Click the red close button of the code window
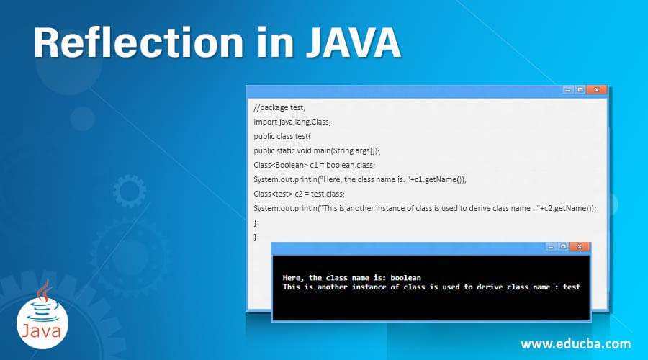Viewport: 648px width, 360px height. pyautogui.click(x=596, y=90)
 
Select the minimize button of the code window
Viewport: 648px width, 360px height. pyautogui.click(x=568, y=90)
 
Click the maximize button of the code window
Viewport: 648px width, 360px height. pyautogui.click(x=580, y=90)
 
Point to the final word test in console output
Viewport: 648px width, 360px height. pyautogui.click(x=572, y=287)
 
